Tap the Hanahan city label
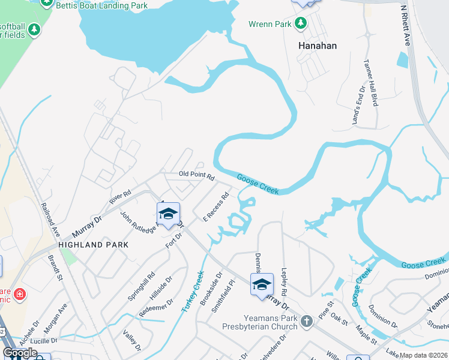click(318, 46)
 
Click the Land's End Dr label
click(358, 106)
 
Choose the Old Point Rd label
click(196, 175)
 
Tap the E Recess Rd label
click(217, 206)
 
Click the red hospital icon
click(20, 294)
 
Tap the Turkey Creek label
click(193, 290)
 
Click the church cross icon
click(306, 321)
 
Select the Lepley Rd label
click(283, 281)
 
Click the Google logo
click(20, 352)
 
